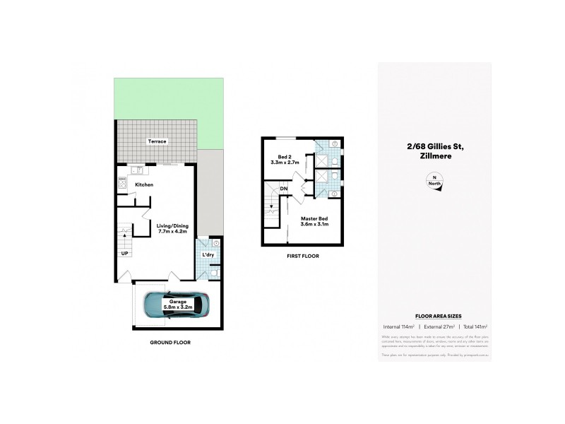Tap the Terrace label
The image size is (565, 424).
click(157, 142)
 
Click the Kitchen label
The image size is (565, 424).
click(144, 185)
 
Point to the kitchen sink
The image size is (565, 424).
click(136, 170)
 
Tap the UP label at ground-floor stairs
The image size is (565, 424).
click(125, 252)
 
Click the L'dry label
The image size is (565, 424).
click(208, 254)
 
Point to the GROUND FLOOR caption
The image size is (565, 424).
click(170, 342)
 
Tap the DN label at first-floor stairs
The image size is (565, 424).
click(283, 189)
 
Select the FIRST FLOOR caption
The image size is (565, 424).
click(302, 256)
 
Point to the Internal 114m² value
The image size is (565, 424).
click(398, 326)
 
